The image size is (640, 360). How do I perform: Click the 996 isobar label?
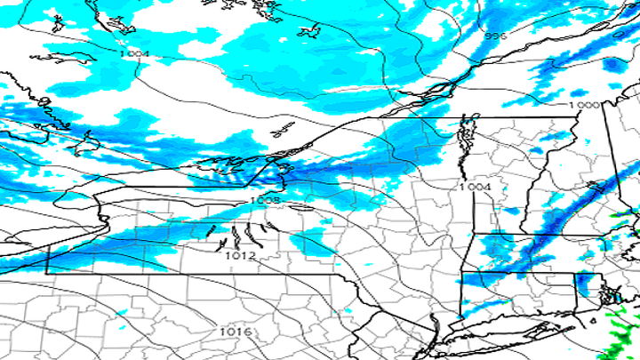pos(496,36)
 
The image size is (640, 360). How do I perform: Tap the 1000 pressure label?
pos(583,105)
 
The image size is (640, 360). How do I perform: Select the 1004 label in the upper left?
pos(134,54)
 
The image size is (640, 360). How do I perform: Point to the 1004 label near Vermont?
pos(475,187)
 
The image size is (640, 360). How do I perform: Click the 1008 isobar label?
pos(265,202)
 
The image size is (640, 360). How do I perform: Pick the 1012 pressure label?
pos(240,255)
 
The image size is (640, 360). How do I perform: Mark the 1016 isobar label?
pos(236,332)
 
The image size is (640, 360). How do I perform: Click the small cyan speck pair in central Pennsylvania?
pos(121,313)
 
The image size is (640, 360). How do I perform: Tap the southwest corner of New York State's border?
pos(46,274)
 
